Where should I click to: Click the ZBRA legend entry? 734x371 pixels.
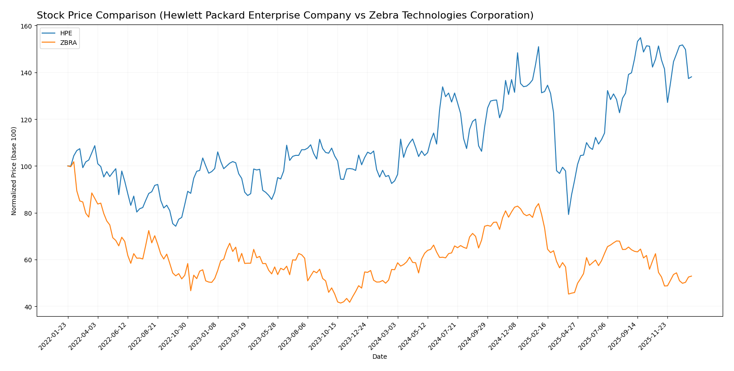coord(68,43)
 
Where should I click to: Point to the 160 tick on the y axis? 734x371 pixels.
coord(27,26)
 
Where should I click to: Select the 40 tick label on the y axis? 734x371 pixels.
coord(28,307)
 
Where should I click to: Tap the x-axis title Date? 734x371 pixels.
coord(379,357)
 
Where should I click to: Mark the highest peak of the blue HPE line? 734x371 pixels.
coord(640,38)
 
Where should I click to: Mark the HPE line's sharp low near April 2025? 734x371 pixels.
coord(568,214)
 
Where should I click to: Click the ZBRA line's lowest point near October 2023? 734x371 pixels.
coord(341,303)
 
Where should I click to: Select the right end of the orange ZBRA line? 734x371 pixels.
coord(691,276)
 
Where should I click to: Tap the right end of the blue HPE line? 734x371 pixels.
coord(691,77)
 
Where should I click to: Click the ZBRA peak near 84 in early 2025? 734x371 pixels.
coord(538,203)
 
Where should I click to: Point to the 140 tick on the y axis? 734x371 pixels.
coord(27,73)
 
